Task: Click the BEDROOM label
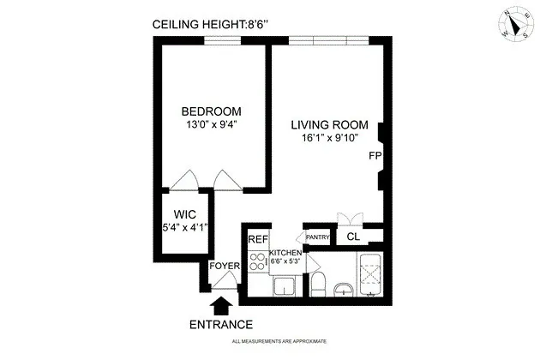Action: (x=211, y=111)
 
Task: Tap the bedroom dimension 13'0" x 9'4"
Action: (x=211, y=124)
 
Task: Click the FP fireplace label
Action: (x=375, y=156)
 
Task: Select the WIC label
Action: (x=186, y=213)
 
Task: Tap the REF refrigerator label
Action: (x=257, y=240)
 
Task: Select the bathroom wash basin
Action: (x=344, y=288)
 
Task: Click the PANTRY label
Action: (x=318, y=237)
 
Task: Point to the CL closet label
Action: (x=352, y=237)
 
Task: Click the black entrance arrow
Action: (x=220, y=304)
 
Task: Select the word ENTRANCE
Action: (x=220, y=325)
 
